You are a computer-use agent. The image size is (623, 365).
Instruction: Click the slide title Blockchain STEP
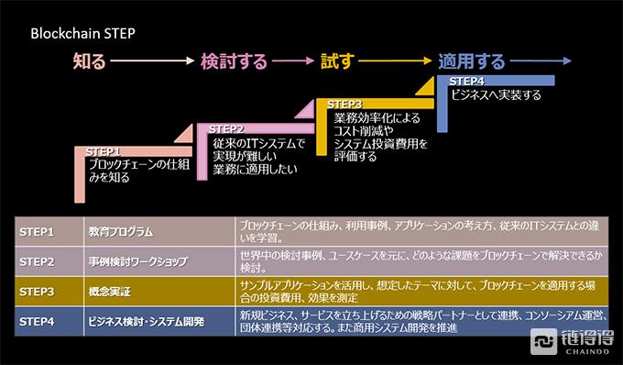click(84, 33)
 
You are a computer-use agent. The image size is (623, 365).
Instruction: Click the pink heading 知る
click(90, 62)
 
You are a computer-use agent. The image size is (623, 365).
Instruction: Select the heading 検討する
click(234, 62)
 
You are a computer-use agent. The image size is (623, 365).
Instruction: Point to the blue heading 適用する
click(471, 62)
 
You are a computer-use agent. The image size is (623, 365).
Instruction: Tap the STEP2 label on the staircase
click(226, 128)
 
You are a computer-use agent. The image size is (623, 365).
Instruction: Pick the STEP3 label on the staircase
click(344, 105)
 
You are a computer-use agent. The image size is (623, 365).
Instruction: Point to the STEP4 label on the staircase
click(466, 82)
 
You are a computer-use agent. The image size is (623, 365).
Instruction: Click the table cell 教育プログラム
click(120, 232)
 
